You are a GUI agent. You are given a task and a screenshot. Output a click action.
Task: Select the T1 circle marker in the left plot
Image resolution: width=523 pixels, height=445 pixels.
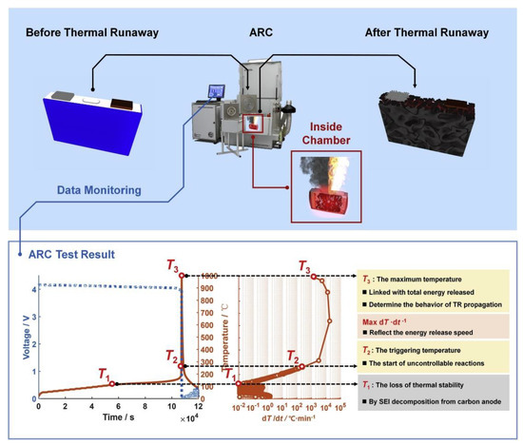click(x=112, y=384)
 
